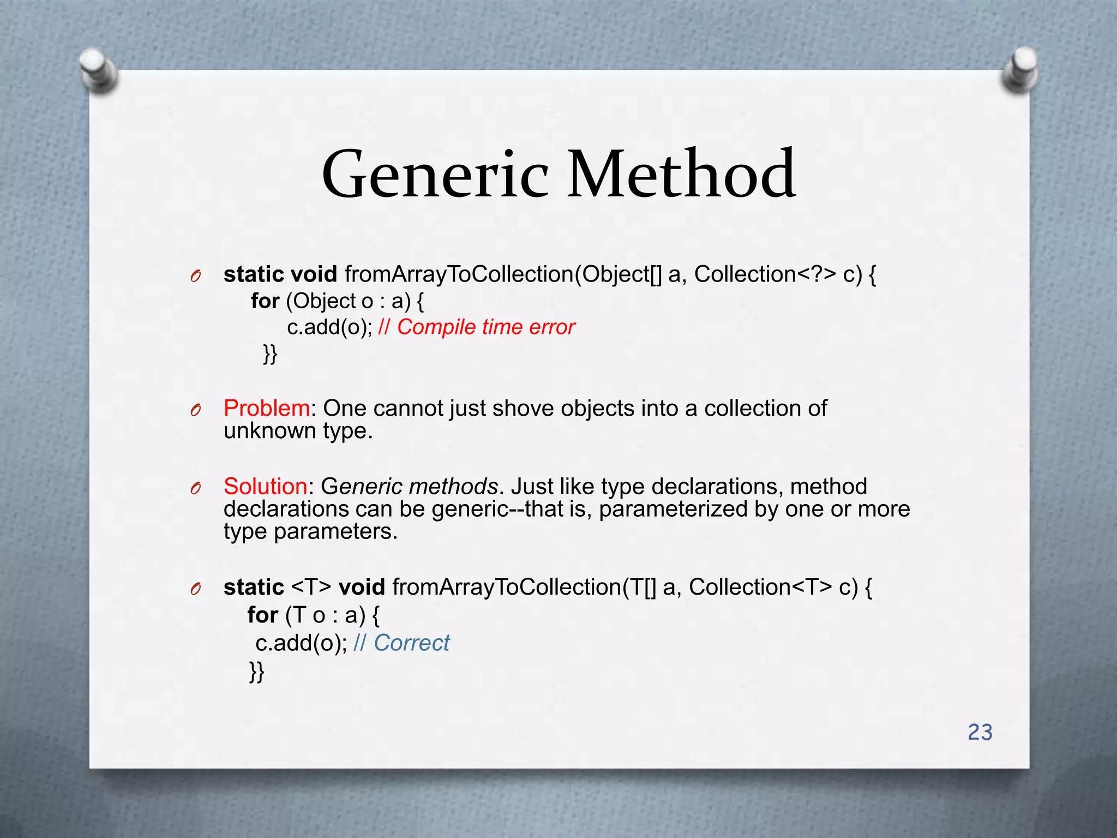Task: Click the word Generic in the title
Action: tap(435, 175)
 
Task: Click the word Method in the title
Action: tap(682, 175)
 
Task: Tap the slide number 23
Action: tap(980, 732)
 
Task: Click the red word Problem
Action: tap(267, 408)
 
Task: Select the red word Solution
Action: tap(266, 486)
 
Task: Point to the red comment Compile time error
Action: tap(485, 327)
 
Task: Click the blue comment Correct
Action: tap(411, 643)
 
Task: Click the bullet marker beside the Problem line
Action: tap(196, 410)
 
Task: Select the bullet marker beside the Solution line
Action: tap(196, 488)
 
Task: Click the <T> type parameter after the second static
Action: tap(311, 587)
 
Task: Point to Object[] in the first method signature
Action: tap(621, 274)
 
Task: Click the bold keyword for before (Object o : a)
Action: tap(265, 301)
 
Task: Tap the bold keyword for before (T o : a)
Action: tap(262, 615)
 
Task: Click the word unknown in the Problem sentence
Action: tap(269, 431)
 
